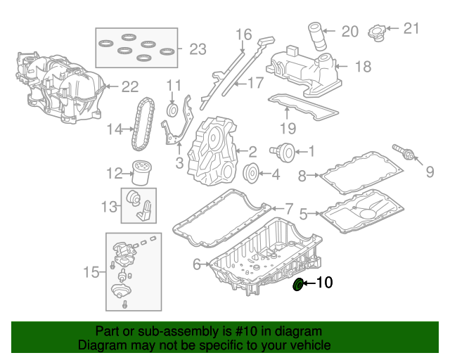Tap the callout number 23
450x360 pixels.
[198, 49]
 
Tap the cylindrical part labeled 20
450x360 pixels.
[316, 34]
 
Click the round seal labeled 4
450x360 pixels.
[250, 173]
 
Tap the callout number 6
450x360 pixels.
[197, 264]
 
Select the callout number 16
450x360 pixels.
[243, 34]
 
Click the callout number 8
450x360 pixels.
[302, 176]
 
